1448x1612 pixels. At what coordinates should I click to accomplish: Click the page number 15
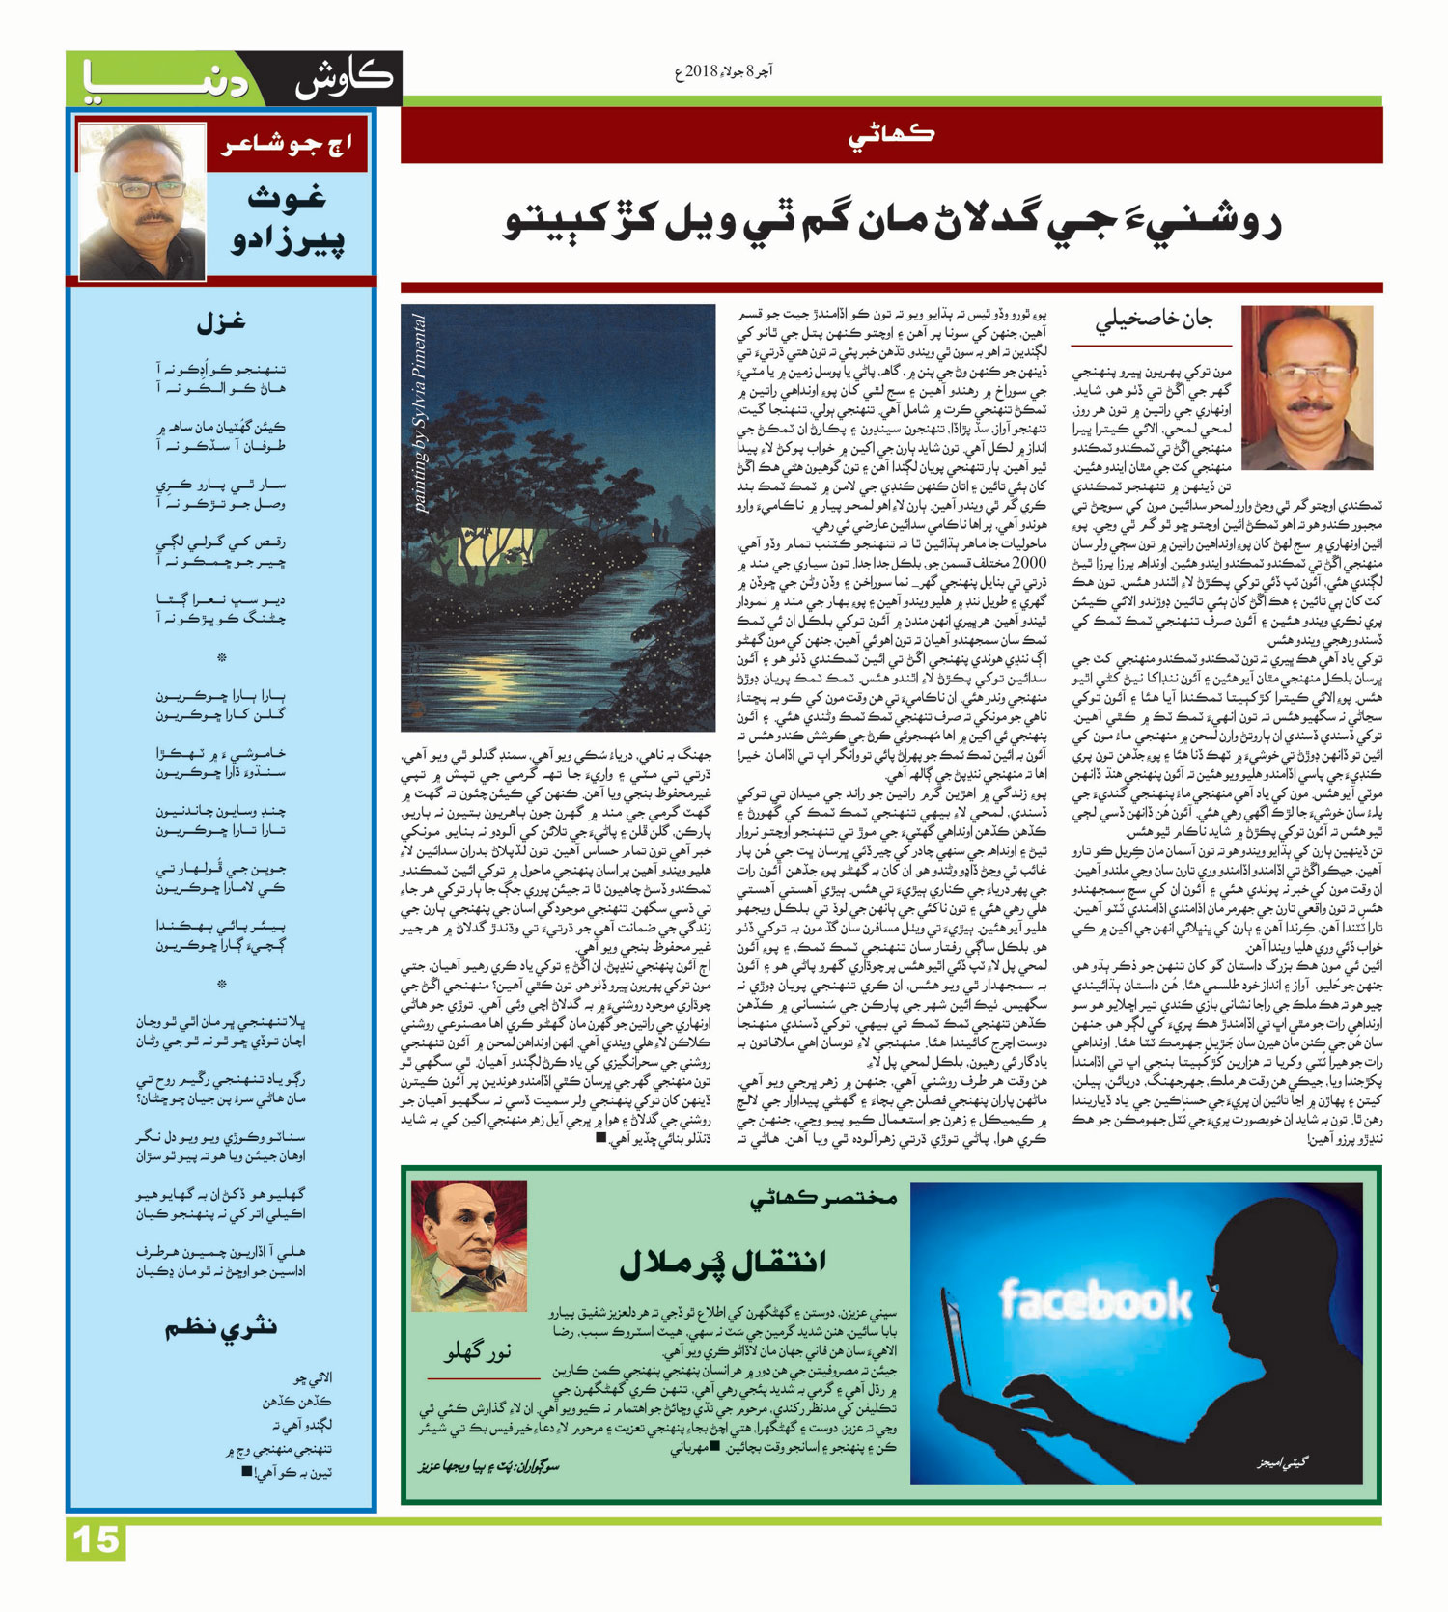96,1540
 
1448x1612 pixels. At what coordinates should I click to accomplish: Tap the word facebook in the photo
1095,1300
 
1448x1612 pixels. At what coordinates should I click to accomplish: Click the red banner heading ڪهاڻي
891,136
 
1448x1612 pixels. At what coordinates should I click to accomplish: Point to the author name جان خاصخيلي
1154,320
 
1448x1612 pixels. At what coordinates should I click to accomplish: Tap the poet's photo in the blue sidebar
142,202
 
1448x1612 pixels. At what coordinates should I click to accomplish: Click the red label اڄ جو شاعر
288,147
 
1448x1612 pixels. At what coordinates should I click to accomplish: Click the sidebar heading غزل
221,323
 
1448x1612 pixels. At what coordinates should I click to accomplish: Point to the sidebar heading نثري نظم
221,1328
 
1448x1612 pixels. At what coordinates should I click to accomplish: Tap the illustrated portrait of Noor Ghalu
469,1245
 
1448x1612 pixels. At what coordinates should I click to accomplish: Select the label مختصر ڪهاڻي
823,1198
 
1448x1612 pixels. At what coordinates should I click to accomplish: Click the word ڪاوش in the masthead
345,79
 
